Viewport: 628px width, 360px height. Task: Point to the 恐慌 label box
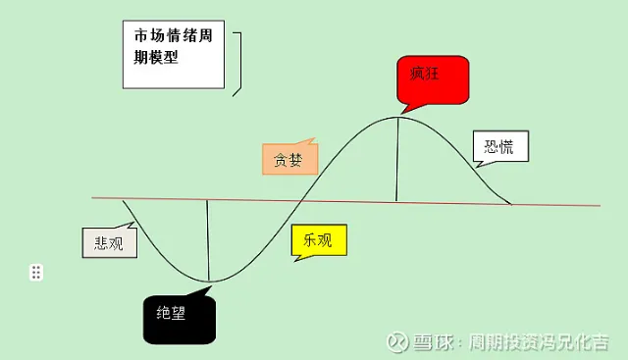coord(499,147)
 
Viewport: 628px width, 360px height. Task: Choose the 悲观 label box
coord(109,242)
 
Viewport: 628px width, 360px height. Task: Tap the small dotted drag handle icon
coord(36,272)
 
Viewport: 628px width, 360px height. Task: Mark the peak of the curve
coord(397,117)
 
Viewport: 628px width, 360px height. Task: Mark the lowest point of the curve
coord(209,282)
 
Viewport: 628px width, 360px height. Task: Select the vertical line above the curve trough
coord(208,240)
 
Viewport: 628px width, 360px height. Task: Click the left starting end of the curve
coord(125,200)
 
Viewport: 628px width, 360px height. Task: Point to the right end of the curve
coord(511,204)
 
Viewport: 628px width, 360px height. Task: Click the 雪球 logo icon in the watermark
coord(397,341)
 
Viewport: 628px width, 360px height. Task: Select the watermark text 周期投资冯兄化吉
coord(539,342)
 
